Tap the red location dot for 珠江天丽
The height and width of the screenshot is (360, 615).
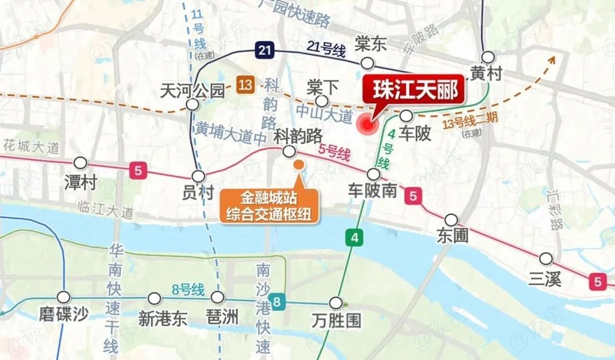pos(364,124)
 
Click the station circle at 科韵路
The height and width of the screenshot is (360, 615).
pos(290,151)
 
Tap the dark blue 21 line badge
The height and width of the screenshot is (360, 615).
pos(263,50)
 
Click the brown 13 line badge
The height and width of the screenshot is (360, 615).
pos(245,86)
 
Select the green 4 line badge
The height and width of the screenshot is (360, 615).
pos(354,238)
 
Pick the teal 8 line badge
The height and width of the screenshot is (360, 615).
pos(277,302)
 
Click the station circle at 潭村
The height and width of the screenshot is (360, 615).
pos(81,163)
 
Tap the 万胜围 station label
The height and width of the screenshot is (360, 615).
pos(337,321)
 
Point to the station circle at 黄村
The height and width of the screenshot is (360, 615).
pos(488,57)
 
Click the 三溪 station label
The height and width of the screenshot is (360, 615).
pos(545,279)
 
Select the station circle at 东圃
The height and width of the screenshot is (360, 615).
pos(451,220)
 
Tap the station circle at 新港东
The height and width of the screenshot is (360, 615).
pos(154,298)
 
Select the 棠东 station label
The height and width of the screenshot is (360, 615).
pos(371,43)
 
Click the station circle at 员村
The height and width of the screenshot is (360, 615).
pos(199,176)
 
